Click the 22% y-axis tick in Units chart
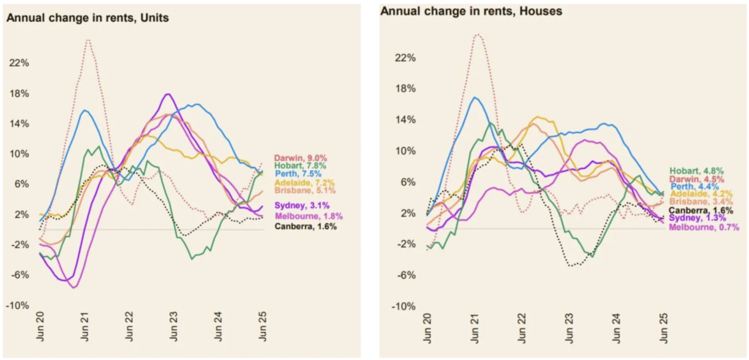coord(19,64)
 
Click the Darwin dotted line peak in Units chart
coord(88,40)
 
